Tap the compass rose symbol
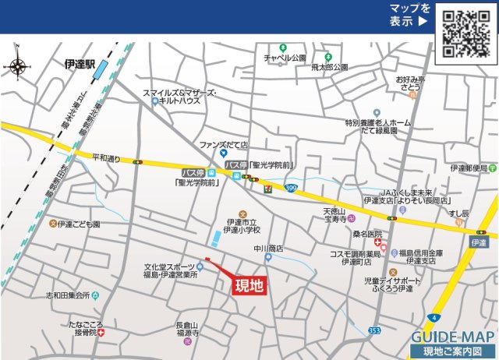[x=16, y=65]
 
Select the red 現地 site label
[x=249, y=285]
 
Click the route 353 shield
[x=375, y=330]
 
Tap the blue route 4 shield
[x=434, y=318]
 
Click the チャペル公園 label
[x=284, y=58]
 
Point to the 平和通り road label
[x=106, y=158]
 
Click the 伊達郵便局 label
[x=469, y=168]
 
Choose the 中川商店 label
[x=268, y=249]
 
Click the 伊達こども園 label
[x=80, y=224]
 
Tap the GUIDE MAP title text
[x=452, y=337]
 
